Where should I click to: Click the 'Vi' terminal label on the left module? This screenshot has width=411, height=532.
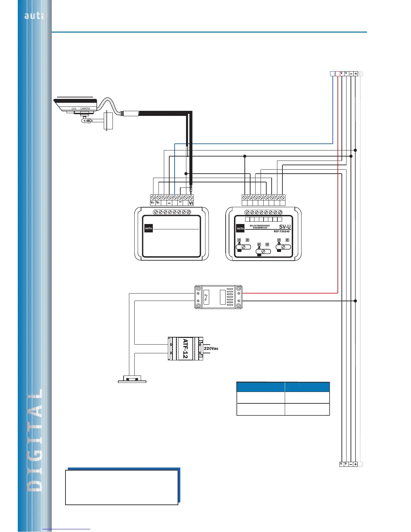point(191,203)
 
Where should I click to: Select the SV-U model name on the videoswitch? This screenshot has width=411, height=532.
point(285,227)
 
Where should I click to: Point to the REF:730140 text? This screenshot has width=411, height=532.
point(281,231)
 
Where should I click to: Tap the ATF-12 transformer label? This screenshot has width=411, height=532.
point(185,349)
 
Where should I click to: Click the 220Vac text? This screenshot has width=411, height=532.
point(211,348)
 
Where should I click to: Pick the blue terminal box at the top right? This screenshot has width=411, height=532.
point(332,74)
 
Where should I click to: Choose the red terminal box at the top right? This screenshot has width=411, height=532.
point(337,74)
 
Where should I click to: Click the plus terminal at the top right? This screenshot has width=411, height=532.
point(356,74)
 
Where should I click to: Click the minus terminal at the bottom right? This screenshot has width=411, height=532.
point(351,464)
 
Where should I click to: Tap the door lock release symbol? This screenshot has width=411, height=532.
point(132,379)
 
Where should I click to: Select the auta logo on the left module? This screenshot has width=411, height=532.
point(148,228)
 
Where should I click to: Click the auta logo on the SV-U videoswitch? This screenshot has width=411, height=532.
point(240,228)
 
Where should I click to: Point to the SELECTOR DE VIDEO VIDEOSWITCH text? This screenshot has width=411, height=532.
point(260,227)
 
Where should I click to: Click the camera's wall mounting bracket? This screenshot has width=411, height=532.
point(108,121)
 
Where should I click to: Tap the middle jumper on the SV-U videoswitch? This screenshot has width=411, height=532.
point(263,251)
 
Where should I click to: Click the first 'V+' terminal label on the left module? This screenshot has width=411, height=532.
point(152,203)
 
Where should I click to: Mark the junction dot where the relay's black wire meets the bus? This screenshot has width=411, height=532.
point(355,301)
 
